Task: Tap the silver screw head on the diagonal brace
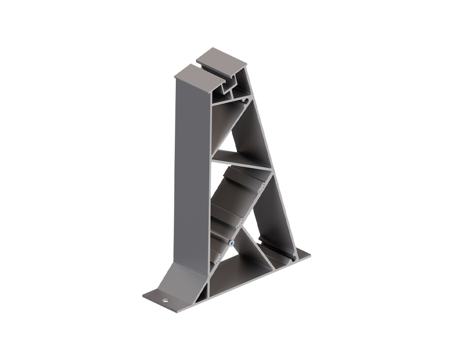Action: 231,243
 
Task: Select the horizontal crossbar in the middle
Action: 242,160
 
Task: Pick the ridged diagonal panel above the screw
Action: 240,195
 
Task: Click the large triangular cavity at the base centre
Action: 245,268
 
